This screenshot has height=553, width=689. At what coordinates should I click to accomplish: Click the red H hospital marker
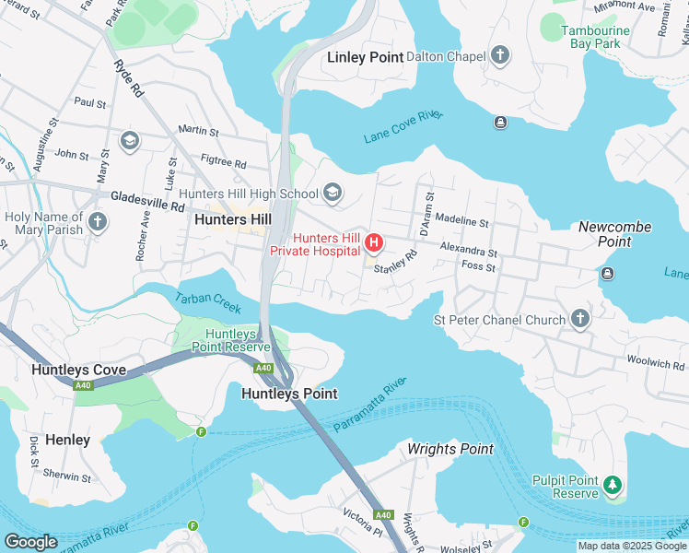(374, 243)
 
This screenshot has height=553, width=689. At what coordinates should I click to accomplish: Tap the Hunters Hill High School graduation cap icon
(333, 193)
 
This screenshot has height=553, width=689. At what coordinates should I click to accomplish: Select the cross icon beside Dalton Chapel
(500, 56)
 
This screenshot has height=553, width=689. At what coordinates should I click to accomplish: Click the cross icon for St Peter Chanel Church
(579, 320)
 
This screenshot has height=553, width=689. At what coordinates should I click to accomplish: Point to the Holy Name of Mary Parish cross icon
(98, 222)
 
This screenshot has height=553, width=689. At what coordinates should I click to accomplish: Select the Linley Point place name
(366, 57)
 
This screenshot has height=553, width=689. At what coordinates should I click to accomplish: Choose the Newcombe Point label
(614, 234)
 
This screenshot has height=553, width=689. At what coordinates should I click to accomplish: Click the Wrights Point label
(450, 449)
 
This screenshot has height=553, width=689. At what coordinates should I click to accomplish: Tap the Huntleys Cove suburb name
(78, 370)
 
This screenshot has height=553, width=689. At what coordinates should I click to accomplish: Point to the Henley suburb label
(67, 440)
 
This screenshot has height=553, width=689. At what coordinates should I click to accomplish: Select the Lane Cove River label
(403, 127)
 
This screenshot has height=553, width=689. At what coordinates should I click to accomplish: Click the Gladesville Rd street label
(147, 196)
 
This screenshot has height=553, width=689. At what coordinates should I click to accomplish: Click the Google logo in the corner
(30, 541)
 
